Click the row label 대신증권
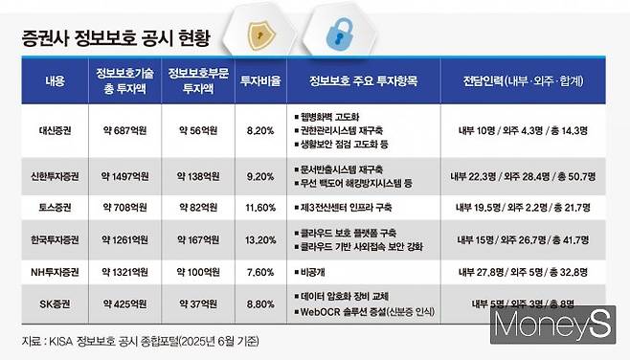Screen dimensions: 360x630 pyautogui.click(x=55, y=128)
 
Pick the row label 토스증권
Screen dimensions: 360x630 pyautogui.click(x=55, y=208)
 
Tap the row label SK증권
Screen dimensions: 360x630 pyautogui.click(x=55, y=305)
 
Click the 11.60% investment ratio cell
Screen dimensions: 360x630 pyautogui.click(x=260, y=208)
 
